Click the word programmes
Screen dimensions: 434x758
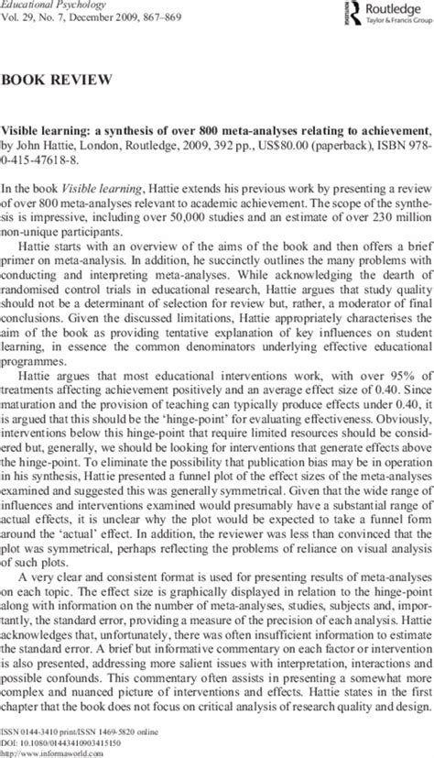tap(34, 332)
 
